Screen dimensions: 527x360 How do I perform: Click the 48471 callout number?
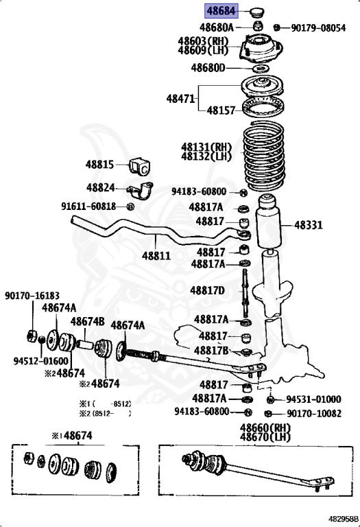click(x=181, y=98)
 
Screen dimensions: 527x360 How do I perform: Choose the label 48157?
click(x=221, y=110)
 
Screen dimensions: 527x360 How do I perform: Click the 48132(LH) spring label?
click(x=206, y=156)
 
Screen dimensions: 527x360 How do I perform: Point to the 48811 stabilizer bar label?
click(x=156, y=255)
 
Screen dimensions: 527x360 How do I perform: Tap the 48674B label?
click(x=87, y=320)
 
